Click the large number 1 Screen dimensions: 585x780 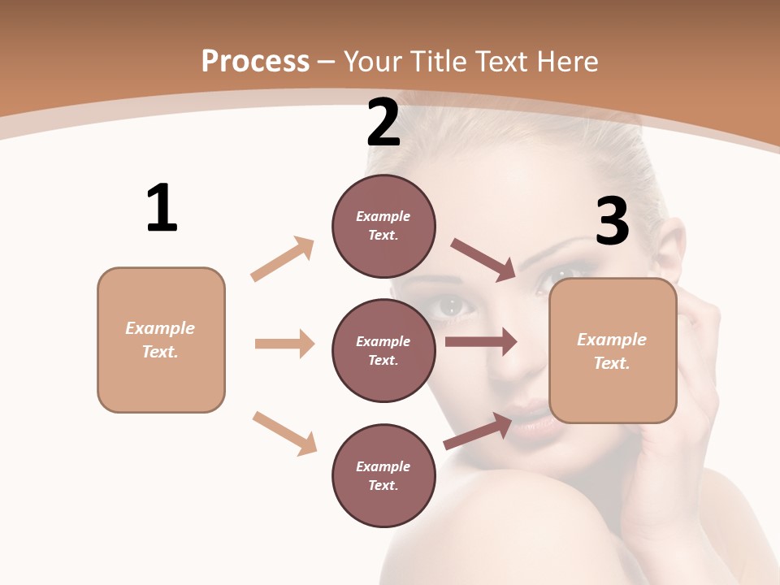click(x=162, y=208)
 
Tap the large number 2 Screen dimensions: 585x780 click(x=383, y=123)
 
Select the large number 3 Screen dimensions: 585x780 click(x=612, y=221)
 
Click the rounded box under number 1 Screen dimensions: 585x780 click(x=161, y=340)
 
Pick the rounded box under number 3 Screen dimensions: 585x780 click(x=613, y=351)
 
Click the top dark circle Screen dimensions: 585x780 click(x=383, y=225)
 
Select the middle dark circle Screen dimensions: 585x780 click(x=383, y=350)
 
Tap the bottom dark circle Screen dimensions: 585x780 click(x=383, y=475)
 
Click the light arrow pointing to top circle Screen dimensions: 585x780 click(x=283, y=258)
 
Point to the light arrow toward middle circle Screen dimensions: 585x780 click(x=284, y=344)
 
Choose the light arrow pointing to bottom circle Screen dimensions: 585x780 click(x=284, y=433)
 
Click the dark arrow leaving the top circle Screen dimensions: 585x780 click(x=483, y=260)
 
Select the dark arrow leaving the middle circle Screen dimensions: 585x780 click(x=481, y=342)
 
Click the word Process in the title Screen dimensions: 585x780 click(x=255, y=61)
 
